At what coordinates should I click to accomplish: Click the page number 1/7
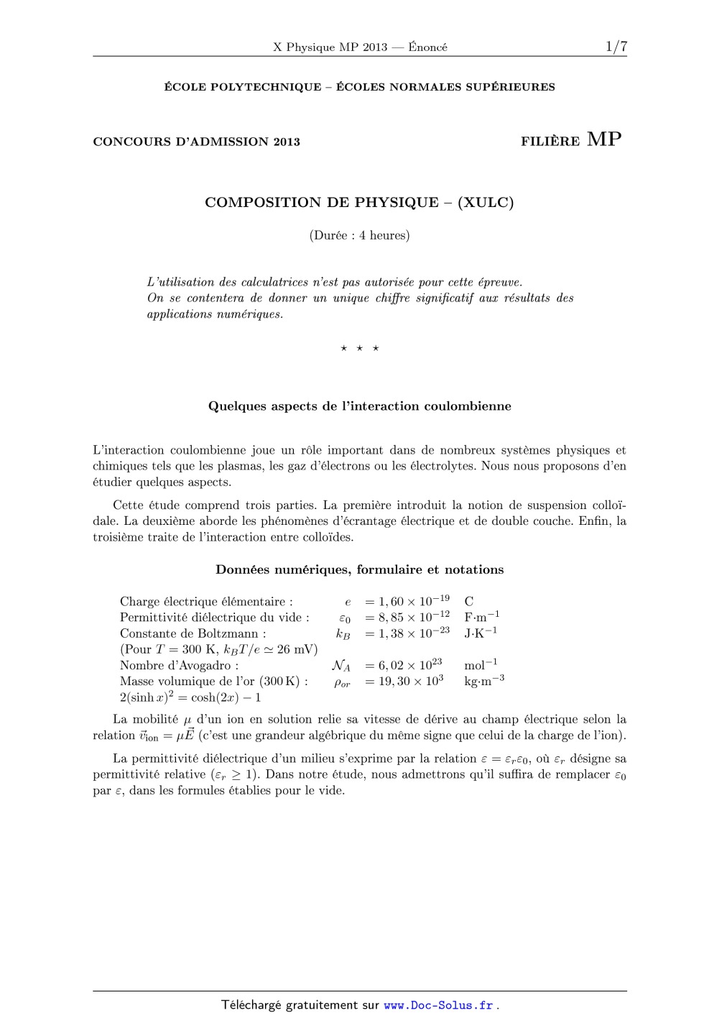point(616,47)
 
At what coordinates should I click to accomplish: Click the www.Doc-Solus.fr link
point(438,1006)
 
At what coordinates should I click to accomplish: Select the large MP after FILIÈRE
point(604,139)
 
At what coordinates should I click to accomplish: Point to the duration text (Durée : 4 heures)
point(359,235)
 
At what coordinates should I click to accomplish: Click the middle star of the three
point(359,349)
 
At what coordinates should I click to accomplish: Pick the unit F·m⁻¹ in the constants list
point(481,617)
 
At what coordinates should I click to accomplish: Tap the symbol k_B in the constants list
point(343,633)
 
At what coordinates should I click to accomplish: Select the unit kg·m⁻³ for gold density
point(483,681)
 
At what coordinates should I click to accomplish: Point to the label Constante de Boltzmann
point(193,633)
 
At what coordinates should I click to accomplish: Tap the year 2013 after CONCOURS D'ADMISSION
point(286,142)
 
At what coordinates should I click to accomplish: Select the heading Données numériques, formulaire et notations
point(359,570)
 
